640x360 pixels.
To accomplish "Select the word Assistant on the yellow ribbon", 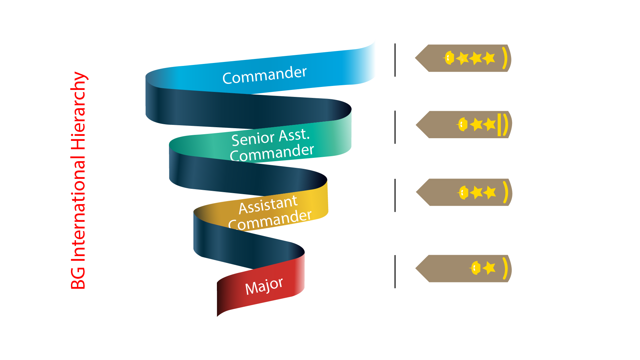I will [x=268, y=204].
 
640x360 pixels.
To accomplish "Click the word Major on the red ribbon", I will [x=264, y=286].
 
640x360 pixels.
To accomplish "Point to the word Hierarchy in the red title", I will [x=79, y=110].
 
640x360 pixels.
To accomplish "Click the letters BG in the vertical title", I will [x=79, y=278].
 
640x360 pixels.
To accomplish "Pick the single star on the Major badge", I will [x=489, y=268].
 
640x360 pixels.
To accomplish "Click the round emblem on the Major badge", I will [x=475, y=268].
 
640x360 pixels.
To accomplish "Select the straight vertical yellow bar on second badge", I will [x=499, y=125].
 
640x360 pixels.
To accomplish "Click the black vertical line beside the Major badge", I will [x=395, y=271].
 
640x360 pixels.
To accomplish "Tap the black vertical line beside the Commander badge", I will [x=395, y=60].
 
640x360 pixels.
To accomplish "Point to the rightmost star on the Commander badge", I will [x=489, y=58].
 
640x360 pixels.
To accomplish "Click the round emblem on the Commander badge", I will [x=449, y=58].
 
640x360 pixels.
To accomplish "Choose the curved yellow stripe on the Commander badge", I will [x=505, y=58].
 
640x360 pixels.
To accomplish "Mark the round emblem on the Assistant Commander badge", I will [x=463, y=192].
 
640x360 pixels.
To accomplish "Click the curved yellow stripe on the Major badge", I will [x=506, y=268].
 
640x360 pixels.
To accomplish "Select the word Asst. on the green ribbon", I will [x=294, y=135].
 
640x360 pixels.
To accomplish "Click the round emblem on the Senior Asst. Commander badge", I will [x=462, y=125].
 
